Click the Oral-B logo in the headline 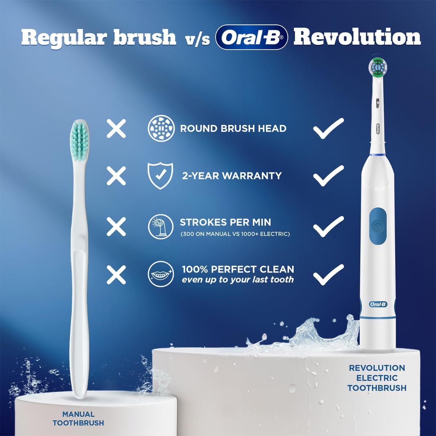(251, 37)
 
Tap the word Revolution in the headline (357, 37)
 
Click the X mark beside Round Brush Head (116, 129)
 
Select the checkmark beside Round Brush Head (328, 128)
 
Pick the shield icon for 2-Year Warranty (160, 175)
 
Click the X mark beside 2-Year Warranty (116, 176)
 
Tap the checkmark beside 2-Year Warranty (328, 175)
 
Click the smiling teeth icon (161, 274)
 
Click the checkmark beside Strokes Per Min (328, 226)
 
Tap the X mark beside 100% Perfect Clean (116, 275)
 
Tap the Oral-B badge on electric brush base (378, 304)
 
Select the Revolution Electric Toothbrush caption (377, 378)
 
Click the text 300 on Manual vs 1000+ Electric (235, 234)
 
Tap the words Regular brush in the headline (99, 37)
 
